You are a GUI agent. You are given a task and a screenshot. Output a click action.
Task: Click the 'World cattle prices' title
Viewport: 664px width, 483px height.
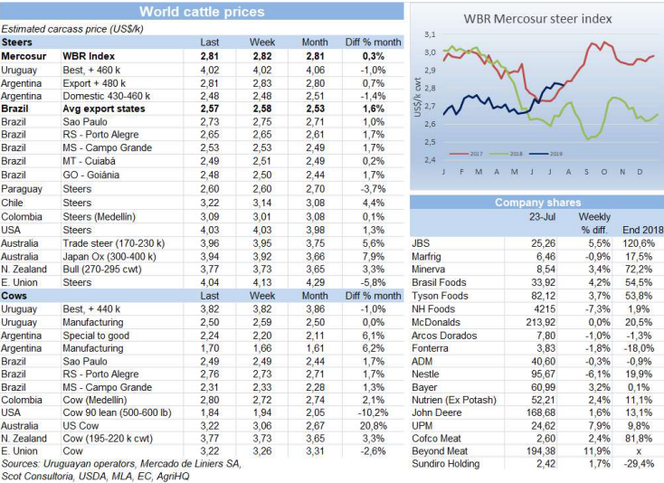click(202, 12)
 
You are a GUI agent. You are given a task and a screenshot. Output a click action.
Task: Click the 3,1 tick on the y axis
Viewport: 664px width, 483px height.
click(430, 33)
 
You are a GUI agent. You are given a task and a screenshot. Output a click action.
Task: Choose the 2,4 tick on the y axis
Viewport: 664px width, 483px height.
click(430, 159)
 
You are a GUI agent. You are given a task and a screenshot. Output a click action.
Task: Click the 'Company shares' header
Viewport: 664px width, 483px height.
click(537, 203)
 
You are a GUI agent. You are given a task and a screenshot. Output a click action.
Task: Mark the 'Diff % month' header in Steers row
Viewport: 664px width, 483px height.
click(373, 43)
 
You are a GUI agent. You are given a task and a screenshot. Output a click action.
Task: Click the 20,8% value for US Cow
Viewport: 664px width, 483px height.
click(375, 424)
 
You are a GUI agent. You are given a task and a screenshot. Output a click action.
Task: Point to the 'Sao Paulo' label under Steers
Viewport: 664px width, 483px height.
click(85, 119)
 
